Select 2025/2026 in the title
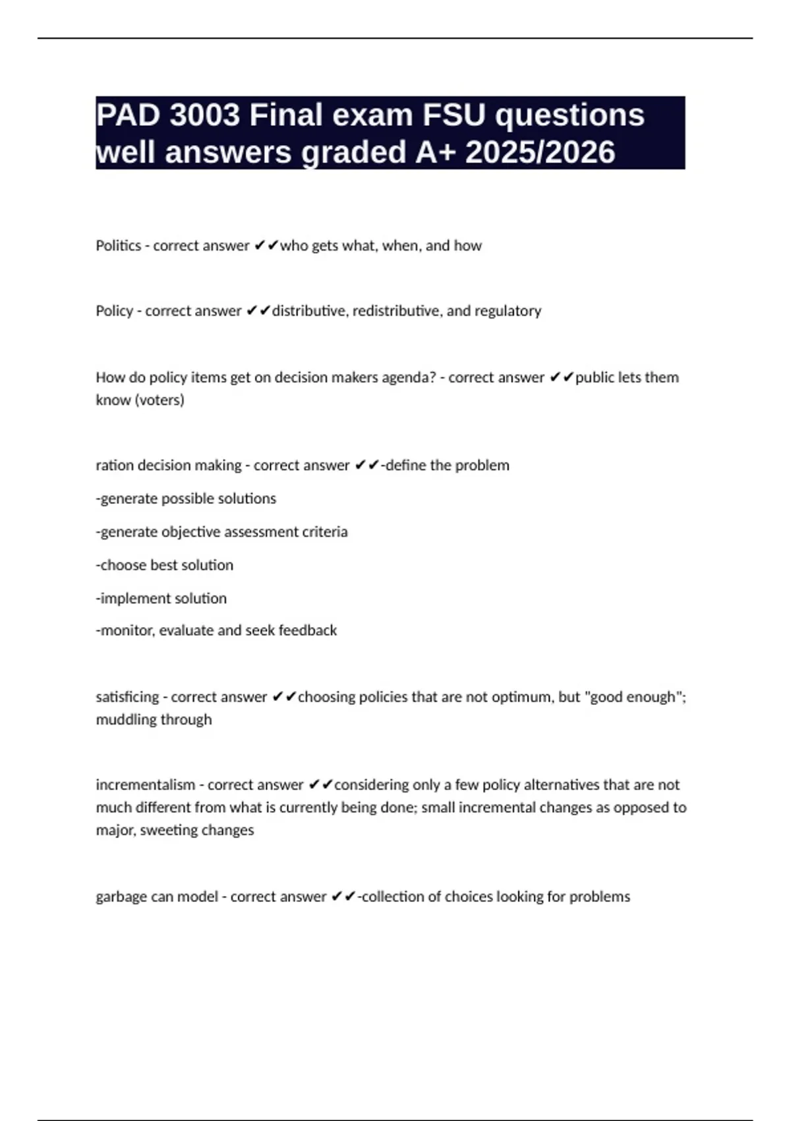coord(541,152)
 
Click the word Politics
coord(119,246)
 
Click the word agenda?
coord(405,378)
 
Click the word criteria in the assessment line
coord(324,532)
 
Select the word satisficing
coord(127,697)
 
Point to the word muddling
coord(125,719)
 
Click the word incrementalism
coord(145,785)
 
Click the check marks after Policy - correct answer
coord(258,311)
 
